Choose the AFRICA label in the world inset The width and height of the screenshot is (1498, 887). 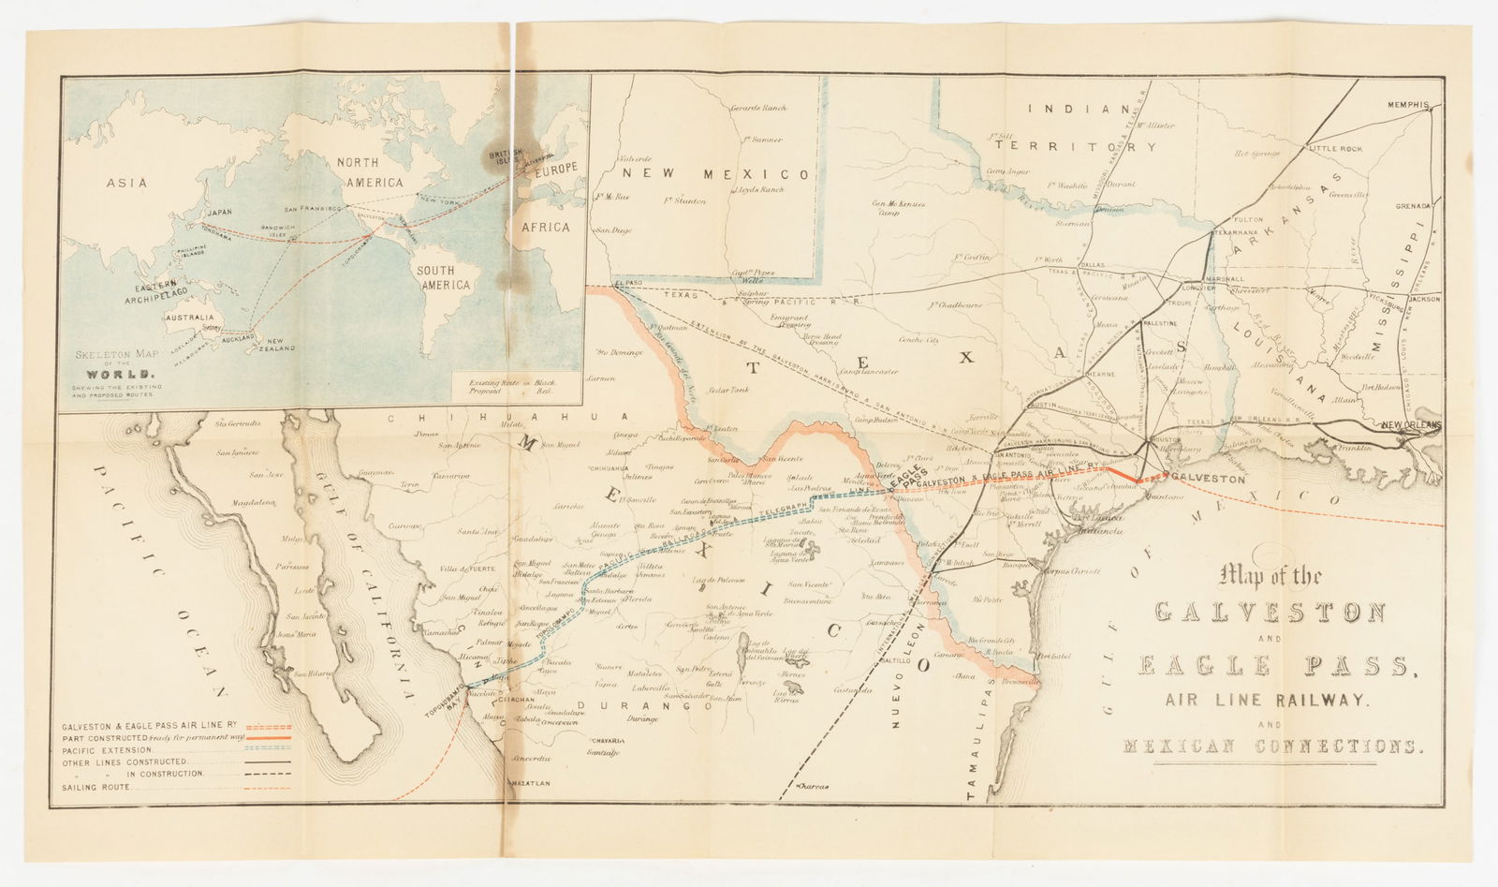click(x=546, y=227)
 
